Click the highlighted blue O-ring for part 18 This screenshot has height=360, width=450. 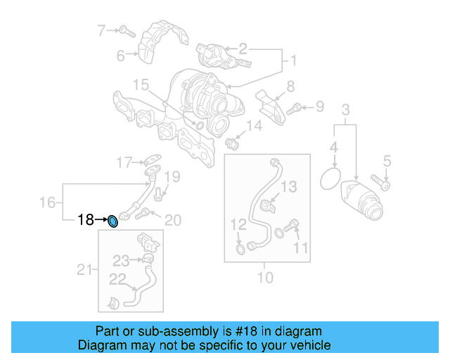(112, 222)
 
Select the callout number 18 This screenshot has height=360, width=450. (85, 221)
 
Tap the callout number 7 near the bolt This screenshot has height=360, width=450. (101, 30)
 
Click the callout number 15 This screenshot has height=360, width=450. (141, 86)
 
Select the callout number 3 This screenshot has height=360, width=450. (345, 110)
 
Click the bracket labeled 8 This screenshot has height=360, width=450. (266, 102)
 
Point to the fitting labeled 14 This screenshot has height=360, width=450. (234, 143)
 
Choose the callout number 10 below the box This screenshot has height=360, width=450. (264, 277)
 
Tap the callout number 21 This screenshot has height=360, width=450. (84, 269)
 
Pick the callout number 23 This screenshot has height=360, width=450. (121, 261)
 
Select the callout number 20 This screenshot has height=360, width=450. (172, 220)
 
